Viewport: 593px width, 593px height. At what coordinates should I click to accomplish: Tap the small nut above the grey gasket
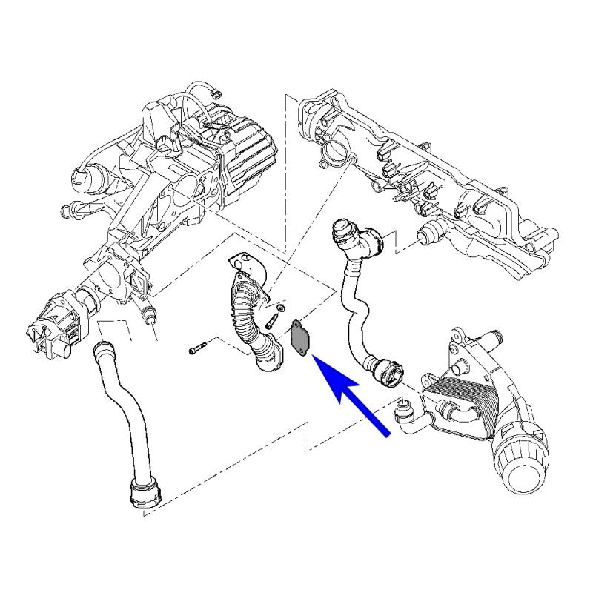pyautogui.click(x=282, y=308)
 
